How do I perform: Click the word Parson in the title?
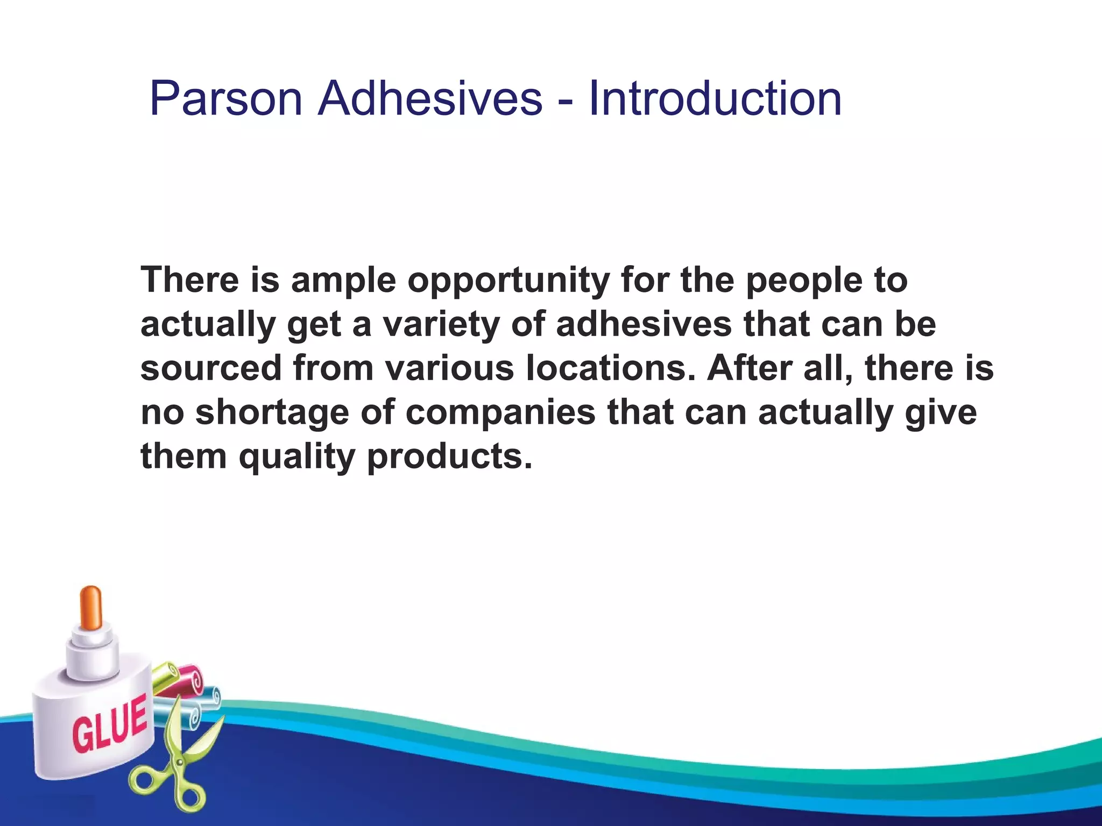point(225,98)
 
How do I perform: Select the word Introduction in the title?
point(715,98)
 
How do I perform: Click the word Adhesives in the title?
point(430,98)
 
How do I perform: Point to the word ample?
point(343,281)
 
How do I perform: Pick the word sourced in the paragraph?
point(211,369)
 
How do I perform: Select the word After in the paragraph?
point(749,369)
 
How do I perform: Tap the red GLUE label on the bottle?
point(110,723)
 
